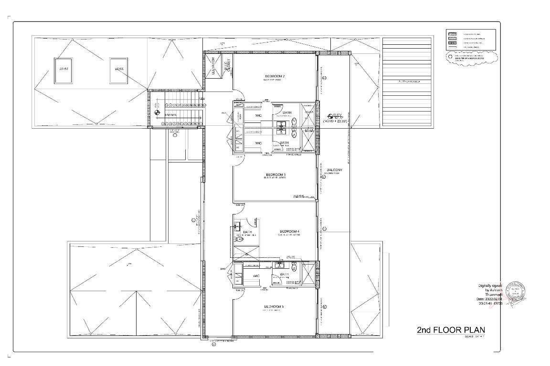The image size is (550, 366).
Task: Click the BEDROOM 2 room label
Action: pyautogui.click(x=275, y=76)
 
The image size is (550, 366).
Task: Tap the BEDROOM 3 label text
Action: pyautogui.click(x=275, y=175)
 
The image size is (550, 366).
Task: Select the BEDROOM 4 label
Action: pyautogui.click(x=289, y=232)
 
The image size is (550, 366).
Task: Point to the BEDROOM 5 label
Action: pyautogui.click(x=274, y=306)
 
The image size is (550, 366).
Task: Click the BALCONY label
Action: pyautogui.click(x=334, y=170)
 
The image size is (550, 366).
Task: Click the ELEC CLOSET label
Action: pyautogui.click(x=228, y=66)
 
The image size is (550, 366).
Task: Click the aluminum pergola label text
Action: pyautogui.click(x=407, y=81)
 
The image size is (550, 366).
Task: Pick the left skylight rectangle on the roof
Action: pyautogui.click(x=64, y=69)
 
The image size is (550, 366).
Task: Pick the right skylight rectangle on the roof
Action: pyautogui.click(x=118, y=69)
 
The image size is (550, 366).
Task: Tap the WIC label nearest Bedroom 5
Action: pyautogui.click(x=256, y=276)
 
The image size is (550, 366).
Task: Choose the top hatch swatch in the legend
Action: pyautogui.click(x=452, y=34)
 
